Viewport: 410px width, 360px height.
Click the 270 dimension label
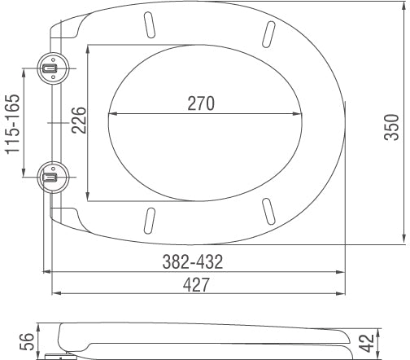coord(200,103)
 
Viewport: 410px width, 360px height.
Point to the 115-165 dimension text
coord(11,122)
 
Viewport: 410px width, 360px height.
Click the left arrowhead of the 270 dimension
coord(111,113)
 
